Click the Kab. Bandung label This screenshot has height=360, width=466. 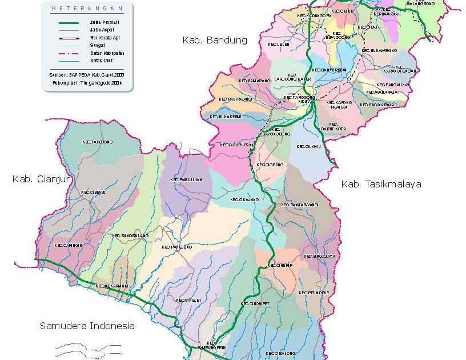(x=214, y=40)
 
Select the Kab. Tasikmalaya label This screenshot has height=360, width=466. (x=381, y=184)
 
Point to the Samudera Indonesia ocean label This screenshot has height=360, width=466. (x=87, y=326)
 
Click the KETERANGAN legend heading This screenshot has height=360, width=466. (x=87, y=9)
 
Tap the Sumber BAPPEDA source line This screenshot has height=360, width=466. (x=87, y=74)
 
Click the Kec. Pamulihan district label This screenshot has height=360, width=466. (x=186, y=179)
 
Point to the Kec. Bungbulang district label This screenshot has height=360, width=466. (x=130, y=235)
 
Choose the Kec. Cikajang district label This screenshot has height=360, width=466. (x=244, y=200)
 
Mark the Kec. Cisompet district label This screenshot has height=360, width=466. (x=255, y=303)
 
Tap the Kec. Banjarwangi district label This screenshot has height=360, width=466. (x=299, y=204)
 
